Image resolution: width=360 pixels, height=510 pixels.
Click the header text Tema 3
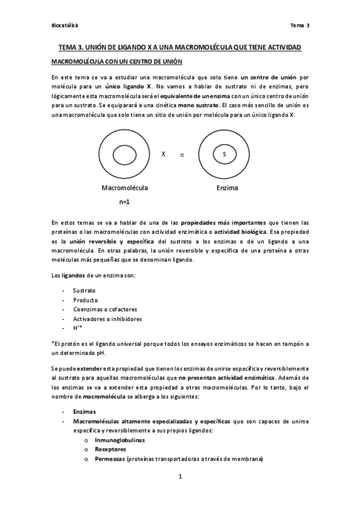(299, 26)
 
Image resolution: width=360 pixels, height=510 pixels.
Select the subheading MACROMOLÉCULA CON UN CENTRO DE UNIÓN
(117, 62)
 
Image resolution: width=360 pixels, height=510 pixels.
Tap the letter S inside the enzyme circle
(224, 155)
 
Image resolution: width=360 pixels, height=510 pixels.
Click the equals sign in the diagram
(182, 155)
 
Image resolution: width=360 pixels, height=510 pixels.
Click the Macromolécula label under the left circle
(124, 188)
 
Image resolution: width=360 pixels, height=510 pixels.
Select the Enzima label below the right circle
(227, 188)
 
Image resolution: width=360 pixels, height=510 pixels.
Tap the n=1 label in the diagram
(124, 203)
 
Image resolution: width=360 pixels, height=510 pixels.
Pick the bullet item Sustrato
(84, 290)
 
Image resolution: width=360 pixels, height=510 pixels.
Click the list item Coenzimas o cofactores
(102, 309)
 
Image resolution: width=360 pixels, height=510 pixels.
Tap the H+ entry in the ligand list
(77, 328)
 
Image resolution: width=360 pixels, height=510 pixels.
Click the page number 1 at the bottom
(180, 477)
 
